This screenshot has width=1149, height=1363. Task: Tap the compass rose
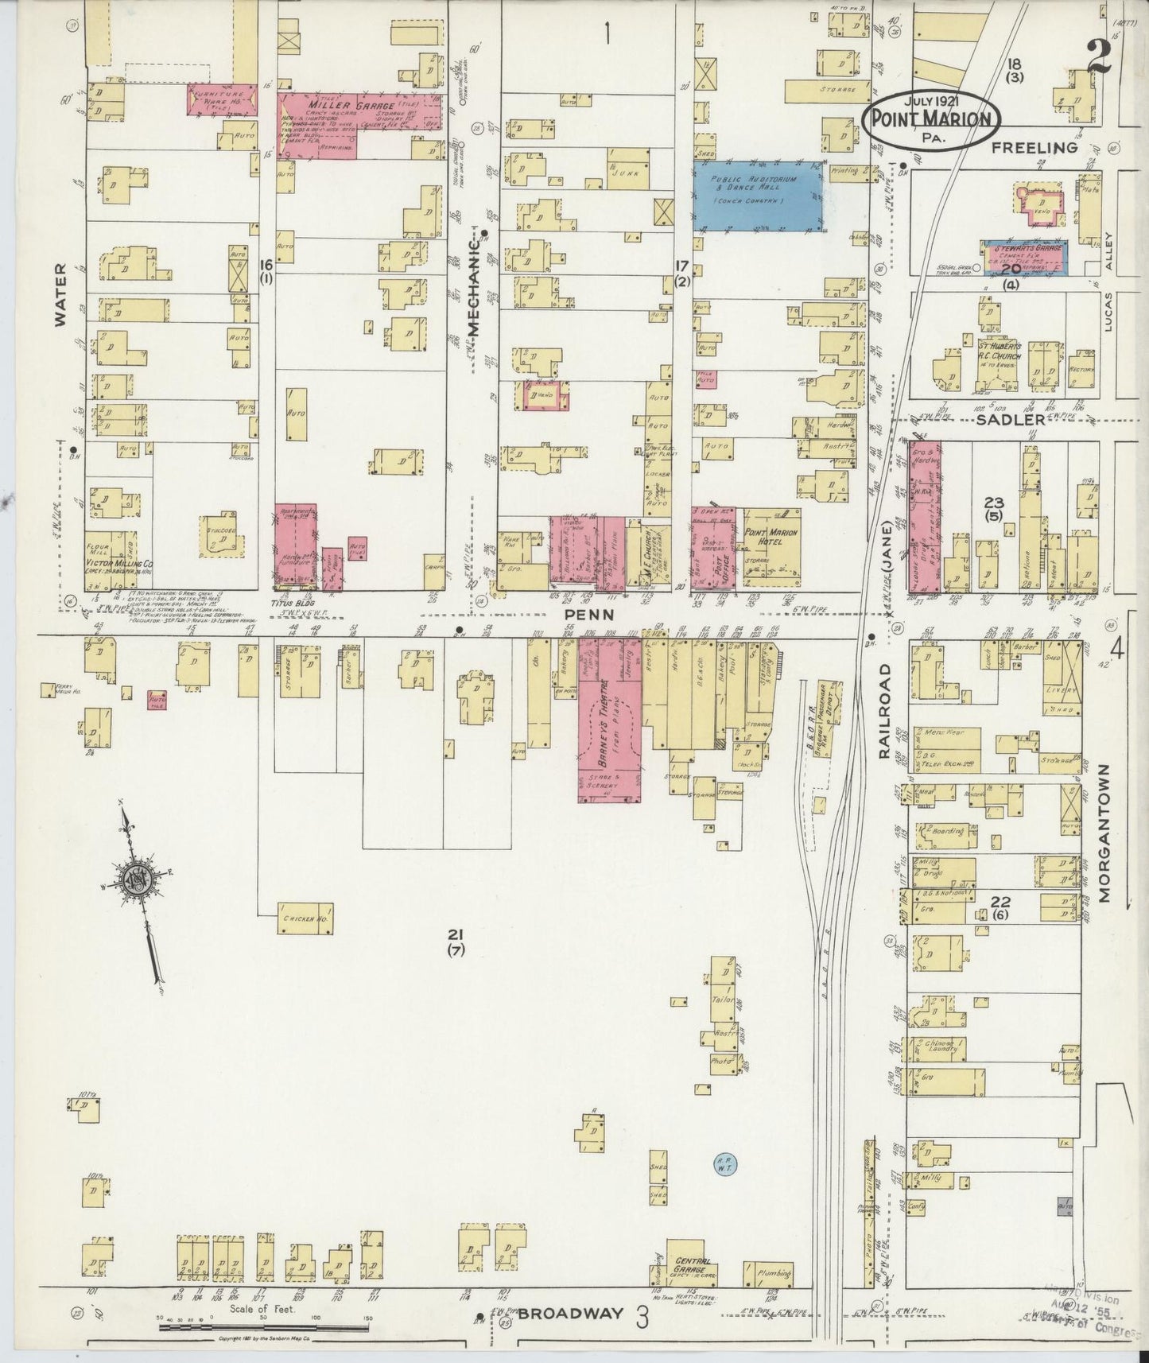135,879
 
